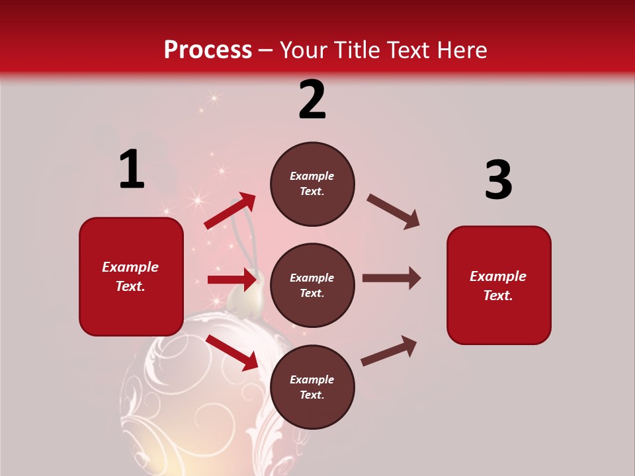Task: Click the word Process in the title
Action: (208, 50)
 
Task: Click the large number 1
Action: (132, 170)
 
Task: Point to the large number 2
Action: (312, 100)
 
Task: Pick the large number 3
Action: (498, 180)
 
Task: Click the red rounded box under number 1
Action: (131, 276)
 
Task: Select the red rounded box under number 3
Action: (499, 285)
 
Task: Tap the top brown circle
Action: (312, 184)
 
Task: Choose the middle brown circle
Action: (312, 285)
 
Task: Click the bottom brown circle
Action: (312, 387)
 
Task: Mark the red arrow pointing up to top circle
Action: (230, 211)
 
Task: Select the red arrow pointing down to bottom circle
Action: (232, 352)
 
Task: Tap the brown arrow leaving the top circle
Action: (394, 212)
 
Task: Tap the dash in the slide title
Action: (265, 51)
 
